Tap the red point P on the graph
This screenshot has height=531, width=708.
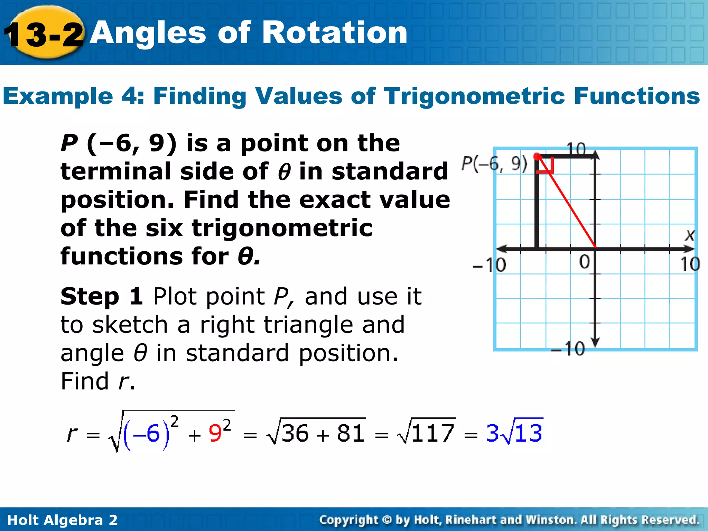point(537,157)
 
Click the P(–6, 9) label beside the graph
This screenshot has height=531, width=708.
point(494,164)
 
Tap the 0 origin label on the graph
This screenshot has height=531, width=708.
point(585,262)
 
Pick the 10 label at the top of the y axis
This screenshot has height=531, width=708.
point(576,149)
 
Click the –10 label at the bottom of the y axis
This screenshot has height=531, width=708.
point(568,348)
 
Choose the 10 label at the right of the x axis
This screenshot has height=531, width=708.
point(690,264)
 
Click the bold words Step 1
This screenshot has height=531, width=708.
point(102,296)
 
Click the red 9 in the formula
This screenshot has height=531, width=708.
point(215,433)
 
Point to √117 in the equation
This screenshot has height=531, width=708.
point(427,431)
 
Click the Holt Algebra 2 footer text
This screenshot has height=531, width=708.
point(63,520)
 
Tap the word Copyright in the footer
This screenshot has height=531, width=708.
point(349,520)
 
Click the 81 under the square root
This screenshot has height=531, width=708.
point(351,433)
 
